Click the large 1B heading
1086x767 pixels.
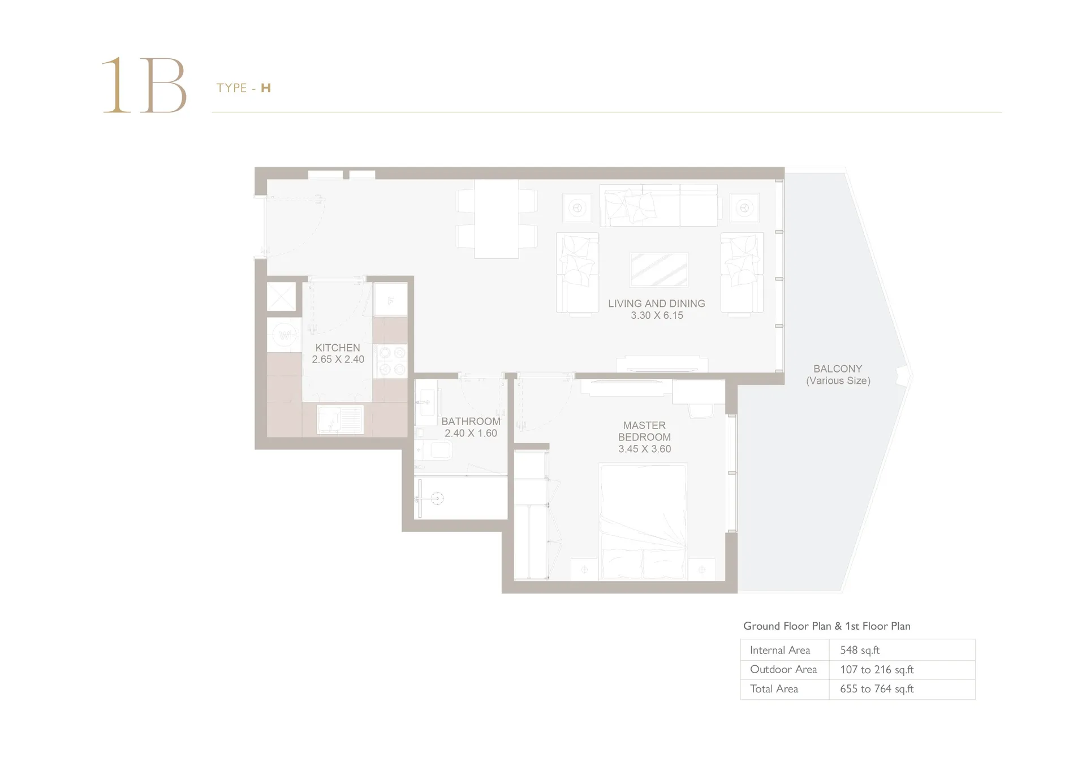point(144,85)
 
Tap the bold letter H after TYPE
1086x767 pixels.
point(266,88)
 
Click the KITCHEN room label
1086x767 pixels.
point(338,348)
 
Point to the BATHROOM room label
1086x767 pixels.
point(471,421)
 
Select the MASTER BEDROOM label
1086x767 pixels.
point(644,431)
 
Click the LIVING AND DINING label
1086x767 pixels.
point(657,304)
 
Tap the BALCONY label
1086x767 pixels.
point(838,369)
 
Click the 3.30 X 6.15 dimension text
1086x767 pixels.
point(657,315)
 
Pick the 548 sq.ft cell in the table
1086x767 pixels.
point(860,650)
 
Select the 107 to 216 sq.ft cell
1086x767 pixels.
point(877,669)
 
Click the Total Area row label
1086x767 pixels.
point(774,688)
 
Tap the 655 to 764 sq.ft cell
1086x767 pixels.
point(877,688)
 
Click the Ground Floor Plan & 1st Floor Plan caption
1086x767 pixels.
point(826,626)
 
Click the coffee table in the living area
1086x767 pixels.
point(659,270)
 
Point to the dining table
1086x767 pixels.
point(496,219)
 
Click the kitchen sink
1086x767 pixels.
point(340,419)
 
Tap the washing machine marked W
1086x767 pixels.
point(285,335)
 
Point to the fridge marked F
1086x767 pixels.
point(390,300)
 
